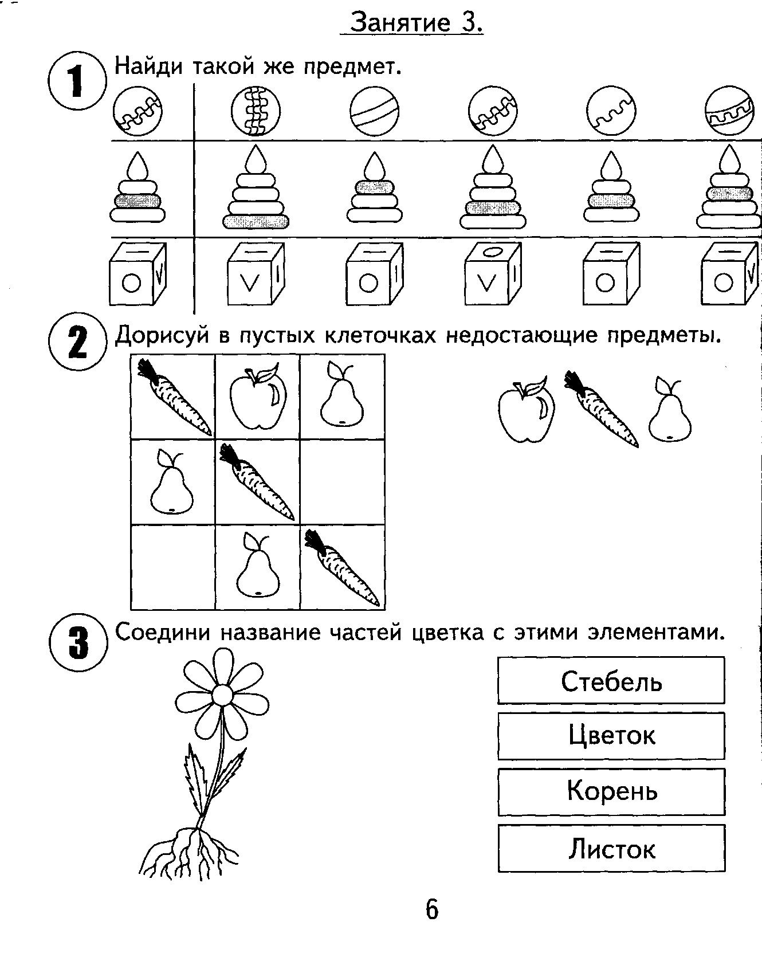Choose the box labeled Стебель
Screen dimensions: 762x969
(x=611, y=680)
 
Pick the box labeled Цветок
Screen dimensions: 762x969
(x=611, y=736)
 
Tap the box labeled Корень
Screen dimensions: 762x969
(x=611, y=792)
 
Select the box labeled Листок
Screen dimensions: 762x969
(x=611, y=848)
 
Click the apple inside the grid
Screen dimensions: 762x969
(x=258, y=397)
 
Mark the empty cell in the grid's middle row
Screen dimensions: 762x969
(x=342, y=482)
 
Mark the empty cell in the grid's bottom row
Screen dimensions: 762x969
(x=173, y=567)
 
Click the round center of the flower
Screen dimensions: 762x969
(x=222, y=695)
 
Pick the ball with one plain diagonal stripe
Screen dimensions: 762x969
(x=374, y=112)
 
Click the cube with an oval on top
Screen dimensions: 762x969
(x=493, y=274)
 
